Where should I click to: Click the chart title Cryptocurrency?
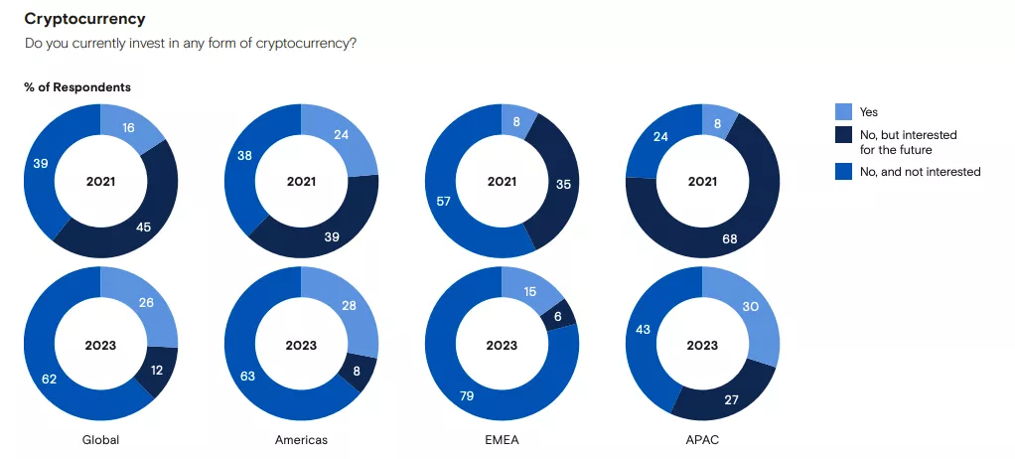(x=84, y=19)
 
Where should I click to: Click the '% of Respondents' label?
(x=77, y=87)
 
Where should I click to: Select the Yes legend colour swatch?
(x=843, y=112)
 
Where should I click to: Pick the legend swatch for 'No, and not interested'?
(x=843, y=172)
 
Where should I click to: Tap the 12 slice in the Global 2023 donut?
(x=158, y=370)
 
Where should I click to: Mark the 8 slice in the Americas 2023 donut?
(x=358, y=372)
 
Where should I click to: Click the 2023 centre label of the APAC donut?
(x=702, y=346)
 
